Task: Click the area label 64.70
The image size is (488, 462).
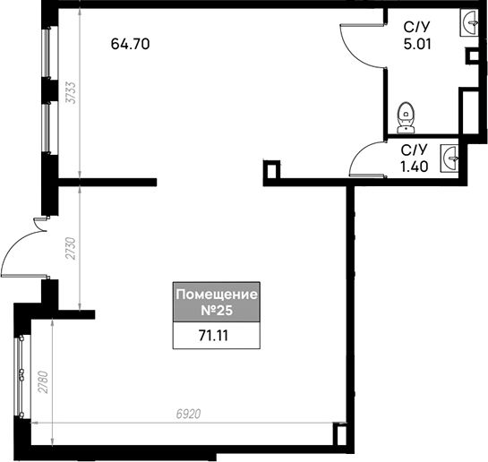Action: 130,44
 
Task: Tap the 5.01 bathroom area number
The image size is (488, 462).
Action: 417,44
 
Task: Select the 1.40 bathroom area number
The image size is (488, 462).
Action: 415,167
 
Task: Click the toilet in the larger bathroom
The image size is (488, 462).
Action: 407,117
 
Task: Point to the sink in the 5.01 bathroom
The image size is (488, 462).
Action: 468,22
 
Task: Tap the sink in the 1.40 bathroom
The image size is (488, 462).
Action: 449,158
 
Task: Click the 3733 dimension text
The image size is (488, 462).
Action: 72,92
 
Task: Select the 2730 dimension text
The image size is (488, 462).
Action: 72,248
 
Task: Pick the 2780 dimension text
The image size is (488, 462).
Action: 43,382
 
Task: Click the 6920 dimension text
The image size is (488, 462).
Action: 188,414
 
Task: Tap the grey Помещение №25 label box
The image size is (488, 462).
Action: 217,302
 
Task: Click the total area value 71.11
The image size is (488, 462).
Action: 213,336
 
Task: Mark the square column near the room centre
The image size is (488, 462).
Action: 271,170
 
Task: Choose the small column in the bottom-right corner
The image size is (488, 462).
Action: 340,435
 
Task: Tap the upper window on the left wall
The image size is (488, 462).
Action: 46,53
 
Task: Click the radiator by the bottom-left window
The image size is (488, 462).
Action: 21,377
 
